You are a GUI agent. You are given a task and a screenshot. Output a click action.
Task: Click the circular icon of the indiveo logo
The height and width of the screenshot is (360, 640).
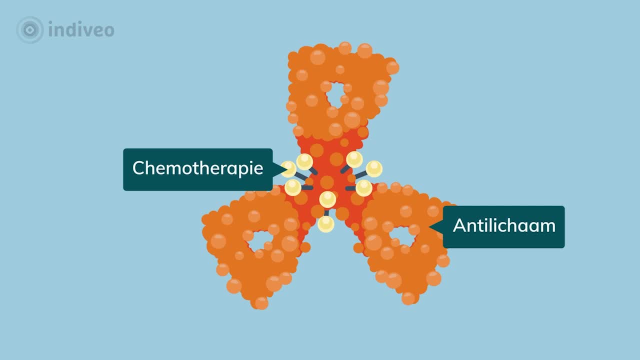30,30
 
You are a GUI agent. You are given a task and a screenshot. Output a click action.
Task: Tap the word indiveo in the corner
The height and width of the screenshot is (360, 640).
81,30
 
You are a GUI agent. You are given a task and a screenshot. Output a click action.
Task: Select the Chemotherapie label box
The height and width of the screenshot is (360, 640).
197,169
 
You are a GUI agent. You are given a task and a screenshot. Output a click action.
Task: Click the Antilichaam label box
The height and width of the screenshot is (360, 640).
504,226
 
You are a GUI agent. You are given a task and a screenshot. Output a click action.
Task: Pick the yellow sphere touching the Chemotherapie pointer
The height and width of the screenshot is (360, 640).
288,169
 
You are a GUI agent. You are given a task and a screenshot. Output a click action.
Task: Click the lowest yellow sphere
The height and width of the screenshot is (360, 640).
326,223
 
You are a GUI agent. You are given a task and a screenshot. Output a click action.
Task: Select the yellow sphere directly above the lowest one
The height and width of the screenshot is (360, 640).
327,199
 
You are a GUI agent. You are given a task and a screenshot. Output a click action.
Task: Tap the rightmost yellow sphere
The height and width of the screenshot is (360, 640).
374,169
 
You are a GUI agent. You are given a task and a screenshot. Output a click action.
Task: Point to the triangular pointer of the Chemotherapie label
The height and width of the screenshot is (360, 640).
277,169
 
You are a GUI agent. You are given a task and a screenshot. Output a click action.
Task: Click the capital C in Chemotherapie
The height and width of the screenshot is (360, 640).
138,168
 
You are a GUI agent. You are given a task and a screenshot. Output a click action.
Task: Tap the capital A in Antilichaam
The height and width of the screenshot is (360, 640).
459,225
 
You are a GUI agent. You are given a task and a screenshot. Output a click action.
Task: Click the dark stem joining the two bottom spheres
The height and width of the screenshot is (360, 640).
326,212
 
